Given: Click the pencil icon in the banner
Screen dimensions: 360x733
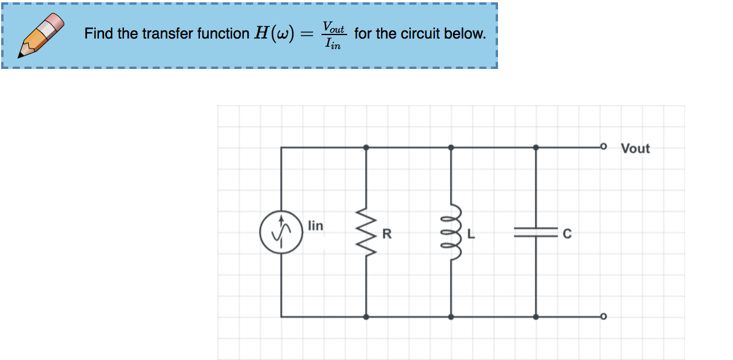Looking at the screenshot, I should tap(42, 35).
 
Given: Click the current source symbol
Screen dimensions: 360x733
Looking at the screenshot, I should tap(281, 232).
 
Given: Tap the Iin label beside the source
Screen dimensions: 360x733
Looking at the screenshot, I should tap(315, 226).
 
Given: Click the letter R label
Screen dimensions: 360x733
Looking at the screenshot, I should tap(386, 235).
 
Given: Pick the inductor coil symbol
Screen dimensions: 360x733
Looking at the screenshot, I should tap(452, 232).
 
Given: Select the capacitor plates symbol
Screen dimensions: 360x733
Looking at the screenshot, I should tap(536, 232).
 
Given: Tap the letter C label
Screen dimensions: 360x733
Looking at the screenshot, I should tap(566, 235).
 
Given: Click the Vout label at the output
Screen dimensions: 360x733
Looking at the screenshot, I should tap(635, 148).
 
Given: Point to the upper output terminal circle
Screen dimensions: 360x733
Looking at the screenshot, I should tap(604, 147).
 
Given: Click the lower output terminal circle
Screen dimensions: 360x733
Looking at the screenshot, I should tap(604, 317).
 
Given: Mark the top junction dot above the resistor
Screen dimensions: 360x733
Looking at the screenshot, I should tap(366, 147).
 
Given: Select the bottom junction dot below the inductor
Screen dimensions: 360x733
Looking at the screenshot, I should tap(451, 317).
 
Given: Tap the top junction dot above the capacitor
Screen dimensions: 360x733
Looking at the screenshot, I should tap(536, 147).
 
